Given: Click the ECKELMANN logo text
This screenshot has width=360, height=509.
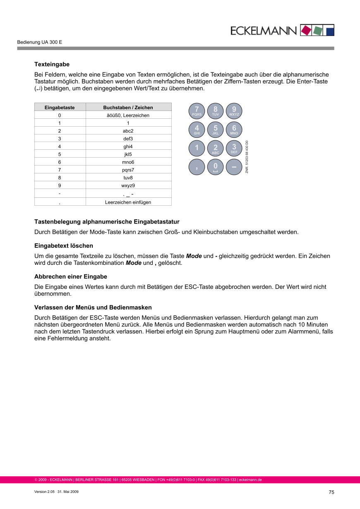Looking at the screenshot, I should (264, 31).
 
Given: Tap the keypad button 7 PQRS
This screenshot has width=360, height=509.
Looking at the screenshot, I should (197, 110).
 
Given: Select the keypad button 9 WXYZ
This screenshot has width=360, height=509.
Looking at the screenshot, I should (234, 110).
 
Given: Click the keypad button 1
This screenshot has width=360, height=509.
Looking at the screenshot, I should (197, 149).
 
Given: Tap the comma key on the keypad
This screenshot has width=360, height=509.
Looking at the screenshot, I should (197, 167).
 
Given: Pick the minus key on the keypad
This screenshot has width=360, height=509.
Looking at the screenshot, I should (234, 167).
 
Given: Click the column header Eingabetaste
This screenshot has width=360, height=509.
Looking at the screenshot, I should (60, 108).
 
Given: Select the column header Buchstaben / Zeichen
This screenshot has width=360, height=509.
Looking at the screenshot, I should (128, 108).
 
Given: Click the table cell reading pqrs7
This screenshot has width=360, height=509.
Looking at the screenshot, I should (128, 170).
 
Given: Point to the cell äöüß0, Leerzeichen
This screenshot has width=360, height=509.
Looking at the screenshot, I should (128, 115).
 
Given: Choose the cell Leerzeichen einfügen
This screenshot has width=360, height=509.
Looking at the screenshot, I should (128, 202).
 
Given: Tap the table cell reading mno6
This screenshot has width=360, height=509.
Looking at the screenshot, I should (128, 162).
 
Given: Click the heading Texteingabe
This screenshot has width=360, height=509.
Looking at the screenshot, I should (52, 65).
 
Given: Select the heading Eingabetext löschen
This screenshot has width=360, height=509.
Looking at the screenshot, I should (63, 246).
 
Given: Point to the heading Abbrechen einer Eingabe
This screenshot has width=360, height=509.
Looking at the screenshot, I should (70, 276).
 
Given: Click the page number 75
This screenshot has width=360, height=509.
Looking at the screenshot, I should (331, 492).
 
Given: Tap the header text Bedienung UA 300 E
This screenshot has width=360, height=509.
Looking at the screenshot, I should (39, 42).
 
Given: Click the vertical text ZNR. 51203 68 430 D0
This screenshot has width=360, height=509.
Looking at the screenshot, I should (247, 157).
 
